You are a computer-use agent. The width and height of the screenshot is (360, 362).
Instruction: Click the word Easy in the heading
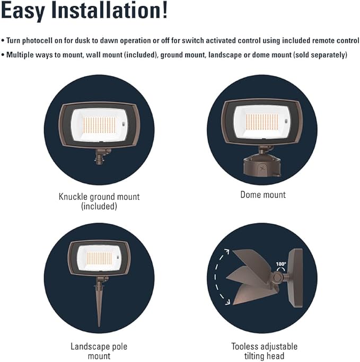pos(23,11)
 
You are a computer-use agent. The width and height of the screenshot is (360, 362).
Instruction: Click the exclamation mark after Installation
pos(165,10)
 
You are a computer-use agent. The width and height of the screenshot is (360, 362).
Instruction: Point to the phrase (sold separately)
pos(320,55)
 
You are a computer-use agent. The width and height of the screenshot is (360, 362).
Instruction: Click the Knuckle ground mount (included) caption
pos(99,201)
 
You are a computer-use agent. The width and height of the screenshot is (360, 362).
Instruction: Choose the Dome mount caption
pos(263,195)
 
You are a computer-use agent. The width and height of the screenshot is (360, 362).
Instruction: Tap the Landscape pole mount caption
pos(99,351)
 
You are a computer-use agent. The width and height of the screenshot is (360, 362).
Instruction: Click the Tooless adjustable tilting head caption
pos(265,351)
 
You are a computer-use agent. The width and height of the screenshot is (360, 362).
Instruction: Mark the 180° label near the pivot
pos(281,264)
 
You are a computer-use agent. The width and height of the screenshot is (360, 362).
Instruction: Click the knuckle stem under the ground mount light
pos(101,156)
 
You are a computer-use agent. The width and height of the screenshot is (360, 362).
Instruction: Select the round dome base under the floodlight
pos(262,166)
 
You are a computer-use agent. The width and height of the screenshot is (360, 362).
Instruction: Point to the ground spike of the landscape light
pos(99,305)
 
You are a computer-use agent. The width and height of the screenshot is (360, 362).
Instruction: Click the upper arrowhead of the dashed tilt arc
pos(226,251)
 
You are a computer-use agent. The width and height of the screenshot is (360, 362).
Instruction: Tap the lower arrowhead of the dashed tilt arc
pos(227,302)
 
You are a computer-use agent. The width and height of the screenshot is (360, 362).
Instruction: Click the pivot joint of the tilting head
pos(277,277)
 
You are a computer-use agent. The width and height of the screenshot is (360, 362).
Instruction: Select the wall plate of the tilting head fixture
pos(295,278)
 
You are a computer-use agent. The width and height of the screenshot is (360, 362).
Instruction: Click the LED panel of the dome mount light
pos(262,122)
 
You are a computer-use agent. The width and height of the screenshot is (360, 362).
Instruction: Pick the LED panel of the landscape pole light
pos(99,258)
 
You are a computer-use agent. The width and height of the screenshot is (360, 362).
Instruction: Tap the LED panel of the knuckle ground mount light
pos(99,125)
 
